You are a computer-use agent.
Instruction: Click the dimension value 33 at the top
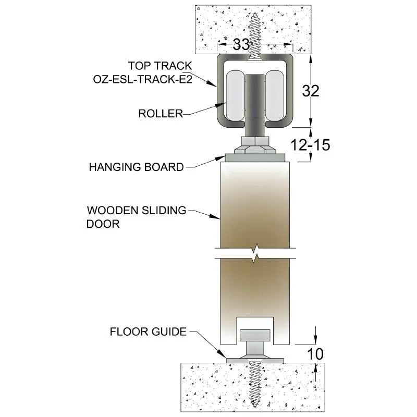pos(241,45)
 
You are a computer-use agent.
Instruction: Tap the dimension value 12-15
pos(311,145)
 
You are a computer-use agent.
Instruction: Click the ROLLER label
pos(161,114)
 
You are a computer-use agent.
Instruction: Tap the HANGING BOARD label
pos(136,167)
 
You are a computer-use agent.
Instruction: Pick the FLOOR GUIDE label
pos(148,332)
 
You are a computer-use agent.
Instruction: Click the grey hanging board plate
pos(255,157)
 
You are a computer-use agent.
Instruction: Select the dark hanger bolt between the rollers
pos(255,99)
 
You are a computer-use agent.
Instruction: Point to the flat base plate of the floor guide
pos(255,360)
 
